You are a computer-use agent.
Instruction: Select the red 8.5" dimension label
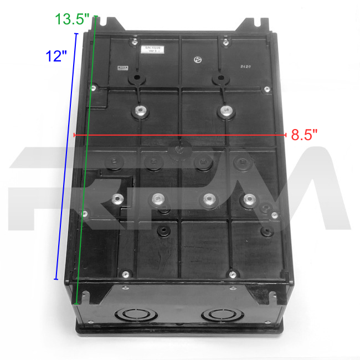304,135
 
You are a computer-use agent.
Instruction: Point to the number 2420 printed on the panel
245,65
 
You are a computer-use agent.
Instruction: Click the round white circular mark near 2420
198,60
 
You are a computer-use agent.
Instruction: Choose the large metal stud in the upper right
225,112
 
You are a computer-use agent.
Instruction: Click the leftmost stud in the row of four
117,200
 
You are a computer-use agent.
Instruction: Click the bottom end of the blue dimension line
56,279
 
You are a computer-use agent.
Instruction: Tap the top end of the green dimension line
96,17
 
